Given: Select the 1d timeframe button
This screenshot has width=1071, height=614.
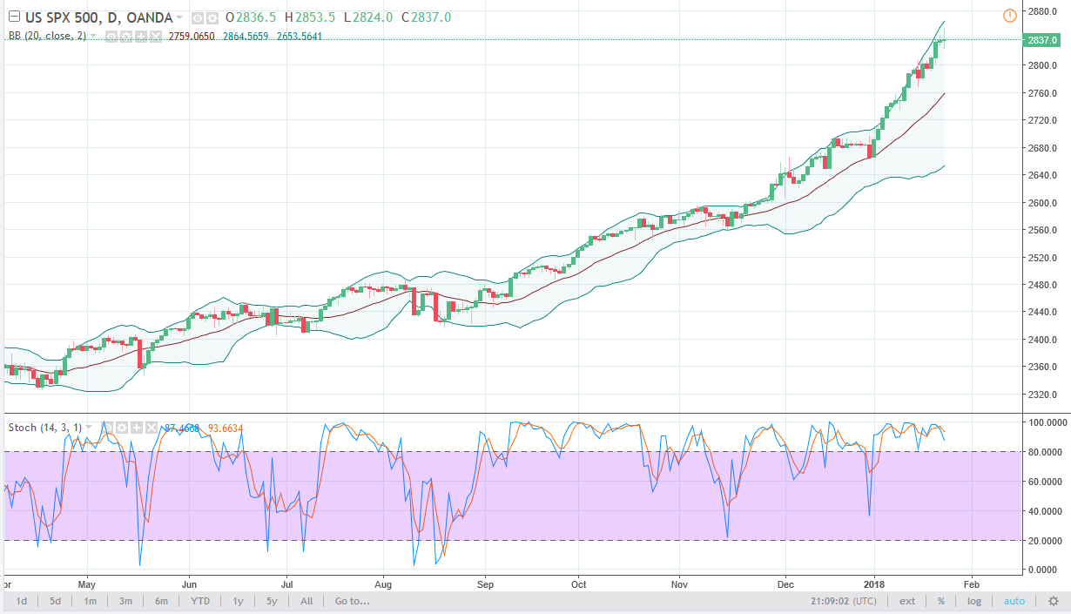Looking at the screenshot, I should click(22, 601).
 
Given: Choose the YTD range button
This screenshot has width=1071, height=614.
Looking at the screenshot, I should click(200, 601).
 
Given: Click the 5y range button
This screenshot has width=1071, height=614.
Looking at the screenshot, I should click(272, 601).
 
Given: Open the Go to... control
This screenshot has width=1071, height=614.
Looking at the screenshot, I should click(352, 601).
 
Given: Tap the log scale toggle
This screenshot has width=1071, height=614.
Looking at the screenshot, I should click(974, 601).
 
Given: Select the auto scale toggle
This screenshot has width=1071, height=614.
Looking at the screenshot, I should click(1014, 601).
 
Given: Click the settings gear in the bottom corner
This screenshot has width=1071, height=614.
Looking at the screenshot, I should click(1053, 601).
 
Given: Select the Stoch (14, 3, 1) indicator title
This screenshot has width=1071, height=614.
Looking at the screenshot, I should click(46, 427).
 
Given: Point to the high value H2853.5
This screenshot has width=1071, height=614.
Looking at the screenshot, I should click(311, 17).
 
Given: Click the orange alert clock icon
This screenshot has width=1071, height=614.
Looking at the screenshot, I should click(1009, 15).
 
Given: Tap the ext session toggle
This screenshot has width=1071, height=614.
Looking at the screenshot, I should click(907, 601).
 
